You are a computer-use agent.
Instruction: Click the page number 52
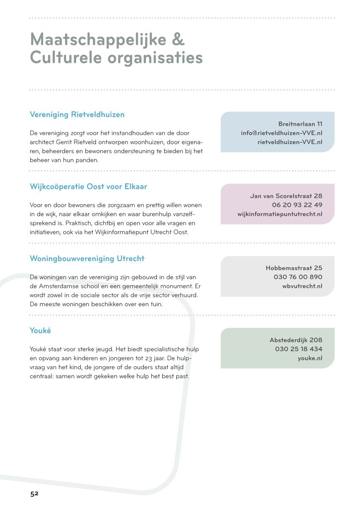click(x=34, y=493)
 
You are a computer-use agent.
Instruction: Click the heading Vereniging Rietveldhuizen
click(x=77, y=115)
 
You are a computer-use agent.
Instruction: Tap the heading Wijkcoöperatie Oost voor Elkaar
click(x=89, y=187)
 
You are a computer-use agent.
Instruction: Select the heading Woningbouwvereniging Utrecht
click(x=87, y=259)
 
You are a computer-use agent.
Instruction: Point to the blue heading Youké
click(x=40, y=331)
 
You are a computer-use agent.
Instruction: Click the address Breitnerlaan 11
click(x=300, y=124)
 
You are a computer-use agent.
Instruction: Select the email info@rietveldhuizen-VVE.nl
click(x=282, y=133)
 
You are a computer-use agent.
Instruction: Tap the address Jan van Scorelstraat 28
click(x=286, y=196)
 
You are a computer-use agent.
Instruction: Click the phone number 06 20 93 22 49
click(x=297, y=205)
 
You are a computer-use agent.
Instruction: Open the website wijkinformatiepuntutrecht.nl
click(x=280, y=214)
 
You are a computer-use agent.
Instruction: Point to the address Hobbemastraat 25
click(x=294, y=268)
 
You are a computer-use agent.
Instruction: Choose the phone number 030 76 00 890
click(x=298, y=277)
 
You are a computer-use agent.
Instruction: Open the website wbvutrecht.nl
click(x=302, y=286)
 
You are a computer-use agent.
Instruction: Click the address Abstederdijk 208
click(x=296, y=340)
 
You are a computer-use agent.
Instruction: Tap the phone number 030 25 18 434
click(x=299, y=349)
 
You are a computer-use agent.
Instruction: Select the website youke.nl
click(x=310, y=358)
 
